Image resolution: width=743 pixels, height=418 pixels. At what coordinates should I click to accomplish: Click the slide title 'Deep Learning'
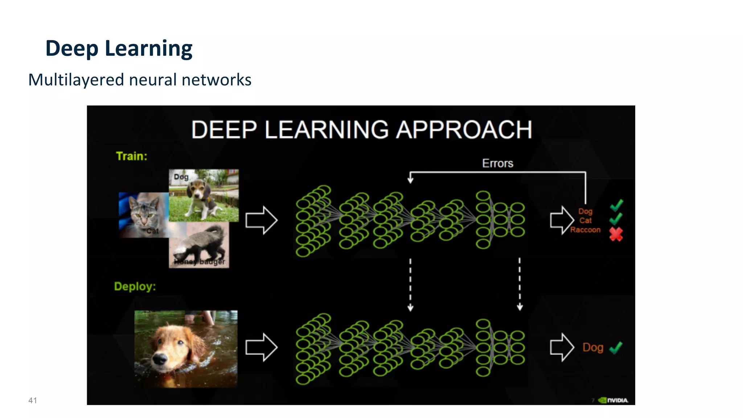point(119,48)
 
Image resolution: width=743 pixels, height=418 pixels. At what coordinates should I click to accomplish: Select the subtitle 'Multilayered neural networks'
point(140,80)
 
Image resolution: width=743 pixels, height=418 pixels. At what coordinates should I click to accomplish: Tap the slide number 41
point(33,400)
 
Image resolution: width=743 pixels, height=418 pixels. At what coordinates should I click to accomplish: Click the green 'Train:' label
point(131,156)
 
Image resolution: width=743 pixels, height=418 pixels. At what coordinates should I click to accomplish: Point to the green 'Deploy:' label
point(135,286)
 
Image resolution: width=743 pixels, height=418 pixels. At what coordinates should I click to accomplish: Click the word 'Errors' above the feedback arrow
point(497,164)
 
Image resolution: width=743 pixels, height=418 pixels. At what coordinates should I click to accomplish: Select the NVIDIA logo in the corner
point(613,400)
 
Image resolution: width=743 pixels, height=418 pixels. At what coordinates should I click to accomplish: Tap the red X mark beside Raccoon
point(616,234)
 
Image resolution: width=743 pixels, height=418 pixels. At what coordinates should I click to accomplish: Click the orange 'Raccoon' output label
point(585,230)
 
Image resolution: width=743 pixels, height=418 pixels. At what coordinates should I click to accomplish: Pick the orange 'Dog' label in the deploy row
point(593,347)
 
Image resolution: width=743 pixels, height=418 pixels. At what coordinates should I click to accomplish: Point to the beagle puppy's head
point(197,189)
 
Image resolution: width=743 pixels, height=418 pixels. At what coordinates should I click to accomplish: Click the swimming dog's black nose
point(159,359)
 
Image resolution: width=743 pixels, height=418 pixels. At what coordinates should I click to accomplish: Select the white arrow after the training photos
point(261,220)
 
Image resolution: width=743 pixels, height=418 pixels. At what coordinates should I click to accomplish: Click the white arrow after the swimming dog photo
point(261,347)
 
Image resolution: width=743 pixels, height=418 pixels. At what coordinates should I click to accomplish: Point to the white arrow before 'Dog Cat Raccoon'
point(562,220)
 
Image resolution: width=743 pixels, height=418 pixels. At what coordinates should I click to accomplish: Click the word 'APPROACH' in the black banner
point(464,130)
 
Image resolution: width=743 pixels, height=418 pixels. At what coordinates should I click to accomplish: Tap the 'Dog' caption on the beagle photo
point(181,177)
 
